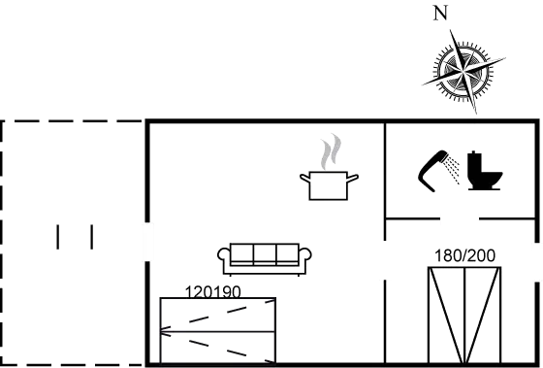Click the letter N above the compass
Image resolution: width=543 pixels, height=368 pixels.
pyautogui.click(x=440, y=14)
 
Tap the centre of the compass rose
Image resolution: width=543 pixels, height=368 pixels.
pyautogui.click(x=463, y=72)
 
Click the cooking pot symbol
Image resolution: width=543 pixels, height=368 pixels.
pyautogui.click(x=329, y=185)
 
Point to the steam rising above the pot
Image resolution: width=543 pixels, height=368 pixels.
pyautogui.click(x=331, y=151)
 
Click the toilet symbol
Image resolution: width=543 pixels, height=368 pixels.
pyautogui.click(x=484, y=170)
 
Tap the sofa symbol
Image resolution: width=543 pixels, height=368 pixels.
pyautogui.click(x=264, y=259)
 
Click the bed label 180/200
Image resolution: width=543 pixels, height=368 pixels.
pyautogui.click(x=464, y=256)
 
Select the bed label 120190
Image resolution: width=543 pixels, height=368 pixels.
pyautogui.click(x=212, y=291)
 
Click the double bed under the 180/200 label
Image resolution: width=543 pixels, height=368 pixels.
pyautogui.click(x=464, y=316)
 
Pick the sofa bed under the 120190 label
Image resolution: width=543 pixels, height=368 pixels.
pyautogui.click(x=218, y=330)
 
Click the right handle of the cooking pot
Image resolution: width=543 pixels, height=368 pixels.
pyautogui.click(x=353, y=179)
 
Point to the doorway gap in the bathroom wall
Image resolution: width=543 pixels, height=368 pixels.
pyautogui.click(x=460, y=218)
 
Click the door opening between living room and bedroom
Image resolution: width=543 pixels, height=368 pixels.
pyautogui.click(x=385, y=260)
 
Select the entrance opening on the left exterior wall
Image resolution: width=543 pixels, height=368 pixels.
pyautogui.click(x=147, y=242)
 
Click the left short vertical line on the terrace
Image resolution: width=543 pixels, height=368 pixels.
pyautogui.click(x=58, y=237)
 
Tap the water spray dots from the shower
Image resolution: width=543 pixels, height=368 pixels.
pyautogui.click(x=453, y=169)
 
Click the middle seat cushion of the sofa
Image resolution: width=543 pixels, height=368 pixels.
pyautogui.click(x=265, y=254)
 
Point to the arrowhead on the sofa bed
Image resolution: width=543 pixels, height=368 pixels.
pyautogui.click(x=165, y=331)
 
